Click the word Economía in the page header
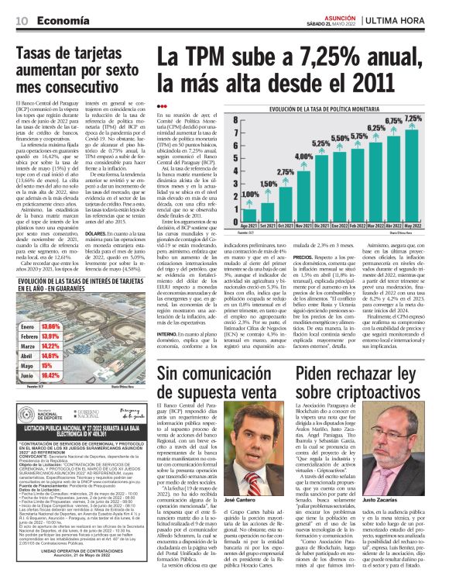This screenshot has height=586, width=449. coord(63,19)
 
